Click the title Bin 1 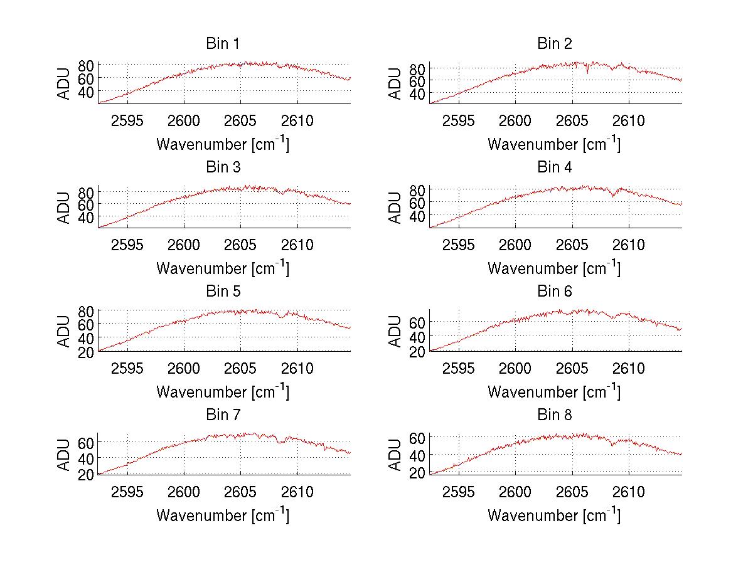click(222, 44)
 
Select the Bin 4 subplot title click(554, 167)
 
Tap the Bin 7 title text click(222, 415)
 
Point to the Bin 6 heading click(554, 292)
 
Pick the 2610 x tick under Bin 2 click(629, 120)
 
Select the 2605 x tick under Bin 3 click(240, 244)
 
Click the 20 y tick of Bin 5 click(86, 352)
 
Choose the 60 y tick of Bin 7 click(86, 443)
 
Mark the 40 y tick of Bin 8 click(417, 455)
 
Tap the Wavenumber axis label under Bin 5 click(222, 392)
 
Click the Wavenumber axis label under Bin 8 click(554, 515)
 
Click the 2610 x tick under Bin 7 click(297, 492)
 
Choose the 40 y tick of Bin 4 click(417, 216)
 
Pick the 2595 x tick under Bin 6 click(459, 368)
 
